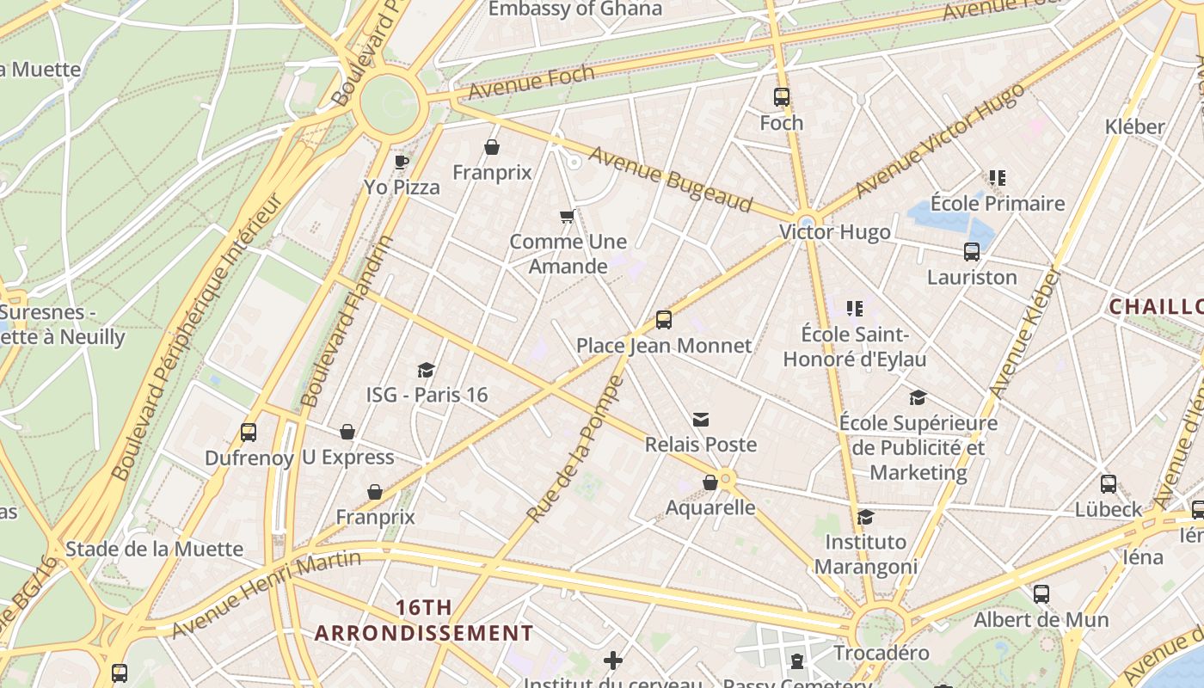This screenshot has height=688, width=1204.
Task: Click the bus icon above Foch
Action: (x=781, y=97)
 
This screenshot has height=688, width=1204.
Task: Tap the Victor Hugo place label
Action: (x=834, y=232)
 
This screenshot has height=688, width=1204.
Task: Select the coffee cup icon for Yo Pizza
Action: (x=401, y=162)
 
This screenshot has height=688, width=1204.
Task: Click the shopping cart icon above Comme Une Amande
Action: (x=567, y=216)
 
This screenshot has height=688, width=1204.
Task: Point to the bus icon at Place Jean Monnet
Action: (x=663, y=320)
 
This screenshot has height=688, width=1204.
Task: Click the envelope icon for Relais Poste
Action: (x=701, y=420)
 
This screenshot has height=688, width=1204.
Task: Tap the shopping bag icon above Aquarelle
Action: (x=710, y=482)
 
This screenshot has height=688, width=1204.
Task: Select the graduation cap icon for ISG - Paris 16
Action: (x=426, y=370)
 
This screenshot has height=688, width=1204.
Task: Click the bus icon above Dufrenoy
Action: (x=249, y=432)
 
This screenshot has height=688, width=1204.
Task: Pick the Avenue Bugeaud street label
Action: (x=671, y=180)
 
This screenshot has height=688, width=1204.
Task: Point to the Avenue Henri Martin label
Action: (x=267, y=594)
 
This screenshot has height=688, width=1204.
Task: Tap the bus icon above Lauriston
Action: (x=972, y=252)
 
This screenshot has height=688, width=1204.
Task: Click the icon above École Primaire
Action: (x=997, y=178)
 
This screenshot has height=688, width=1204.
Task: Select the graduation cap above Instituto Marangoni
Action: (x=865, y=517)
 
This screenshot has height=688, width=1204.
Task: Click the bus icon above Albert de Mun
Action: (x=1041, y=593)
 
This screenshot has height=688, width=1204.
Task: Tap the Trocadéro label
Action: (x=881, y=653)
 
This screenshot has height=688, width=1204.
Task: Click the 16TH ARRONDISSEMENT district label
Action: (x=423, y=621)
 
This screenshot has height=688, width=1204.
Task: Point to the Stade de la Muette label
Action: (x=154, y=549)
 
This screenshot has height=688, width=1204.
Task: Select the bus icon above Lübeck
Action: (x=1109, y=483)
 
